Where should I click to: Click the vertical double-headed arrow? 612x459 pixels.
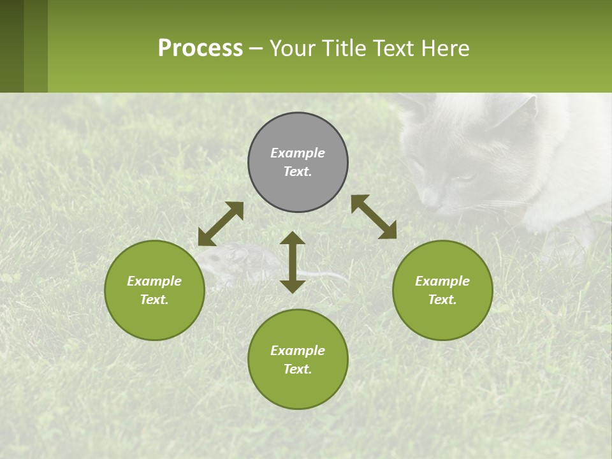point(293,262)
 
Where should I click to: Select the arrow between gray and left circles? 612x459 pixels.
point(221,224)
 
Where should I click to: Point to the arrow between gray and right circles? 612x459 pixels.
point(374,217)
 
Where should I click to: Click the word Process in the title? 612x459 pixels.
point(200,48)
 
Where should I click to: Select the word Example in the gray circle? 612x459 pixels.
point(298,153)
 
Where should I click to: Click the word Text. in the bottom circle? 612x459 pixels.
point(298,369)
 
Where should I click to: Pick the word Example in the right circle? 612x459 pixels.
point(442,281)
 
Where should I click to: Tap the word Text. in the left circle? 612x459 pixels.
point(154,300)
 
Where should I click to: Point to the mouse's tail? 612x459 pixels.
point(328,275)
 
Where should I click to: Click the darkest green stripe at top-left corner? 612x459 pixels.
point(11,46)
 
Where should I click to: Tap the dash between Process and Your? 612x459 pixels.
point(256,49)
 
